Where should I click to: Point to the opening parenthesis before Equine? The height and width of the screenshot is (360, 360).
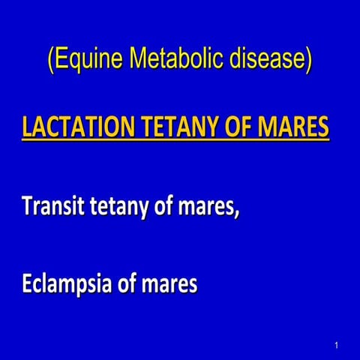click(x=50, y=60)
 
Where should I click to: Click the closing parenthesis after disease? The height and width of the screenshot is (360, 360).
click(x=308, y=60)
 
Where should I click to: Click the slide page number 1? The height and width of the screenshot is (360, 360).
click(x=337, y=345)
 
